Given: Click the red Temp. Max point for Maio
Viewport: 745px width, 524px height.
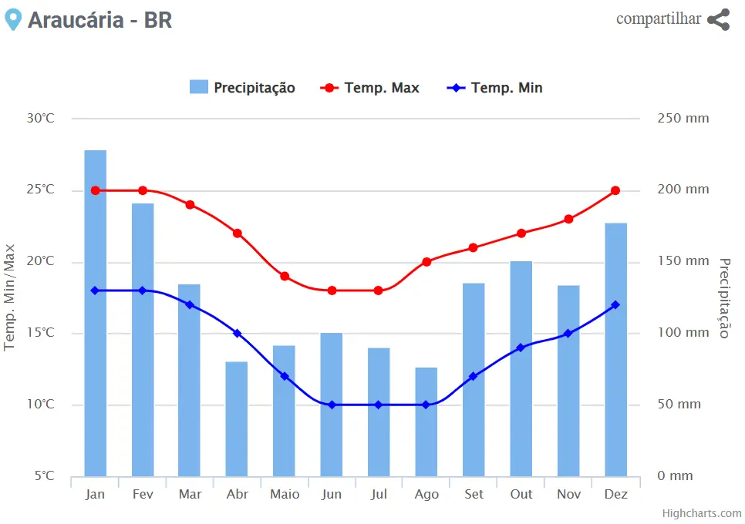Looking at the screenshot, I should (285, 276).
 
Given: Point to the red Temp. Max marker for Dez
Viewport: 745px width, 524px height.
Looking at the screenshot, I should (615, 190).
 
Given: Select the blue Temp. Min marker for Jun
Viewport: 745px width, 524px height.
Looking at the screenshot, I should (332, 405).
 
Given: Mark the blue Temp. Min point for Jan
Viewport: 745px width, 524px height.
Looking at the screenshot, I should (96, 291).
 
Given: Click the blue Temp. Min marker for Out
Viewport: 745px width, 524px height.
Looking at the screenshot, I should (521, 348).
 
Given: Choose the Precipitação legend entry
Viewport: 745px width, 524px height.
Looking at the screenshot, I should (242, 88).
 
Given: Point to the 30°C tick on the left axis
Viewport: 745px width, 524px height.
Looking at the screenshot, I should (41, 119).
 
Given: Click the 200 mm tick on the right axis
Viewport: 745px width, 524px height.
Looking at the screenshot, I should (683, 190).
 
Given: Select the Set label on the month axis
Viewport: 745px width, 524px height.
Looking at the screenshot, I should (474, 494).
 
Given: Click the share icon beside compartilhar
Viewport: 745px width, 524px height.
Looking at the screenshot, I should (718, 20).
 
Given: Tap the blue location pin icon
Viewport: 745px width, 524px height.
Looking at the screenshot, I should (12, 19).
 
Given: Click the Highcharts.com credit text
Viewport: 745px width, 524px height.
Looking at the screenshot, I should (702, 513).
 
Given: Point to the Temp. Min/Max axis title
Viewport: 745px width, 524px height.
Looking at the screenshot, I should (10, 297).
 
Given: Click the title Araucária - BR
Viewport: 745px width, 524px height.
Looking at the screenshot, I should (99, 20).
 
